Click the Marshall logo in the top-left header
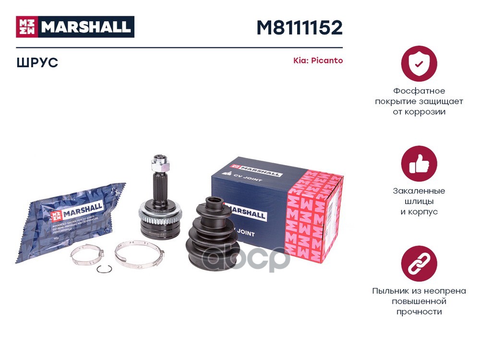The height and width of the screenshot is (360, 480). click(x=75, y=27)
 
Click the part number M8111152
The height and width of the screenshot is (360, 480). click(x=300, y=28)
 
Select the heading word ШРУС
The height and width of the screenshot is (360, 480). click(x=37, y=62)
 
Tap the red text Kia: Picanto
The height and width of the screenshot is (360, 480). click(x=318, y=61)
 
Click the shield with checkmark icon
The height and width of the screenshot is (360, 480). click(x=419, y=63)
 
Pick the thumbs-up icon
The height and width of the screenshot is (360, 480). click(x=419, y=163)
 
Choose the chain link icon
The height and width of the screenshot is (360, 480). click(x=419, y=264)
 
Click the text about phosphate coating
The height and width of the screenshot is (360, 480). click(x=419, y=101)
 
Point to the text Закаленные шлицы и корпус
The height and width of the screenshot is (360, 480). click(x=419, y=201)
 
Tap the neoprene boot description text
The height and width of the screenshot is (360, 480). click(x=419, y=301)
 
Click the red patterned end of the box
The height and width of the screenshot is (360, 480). click(x=314, y=211)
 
